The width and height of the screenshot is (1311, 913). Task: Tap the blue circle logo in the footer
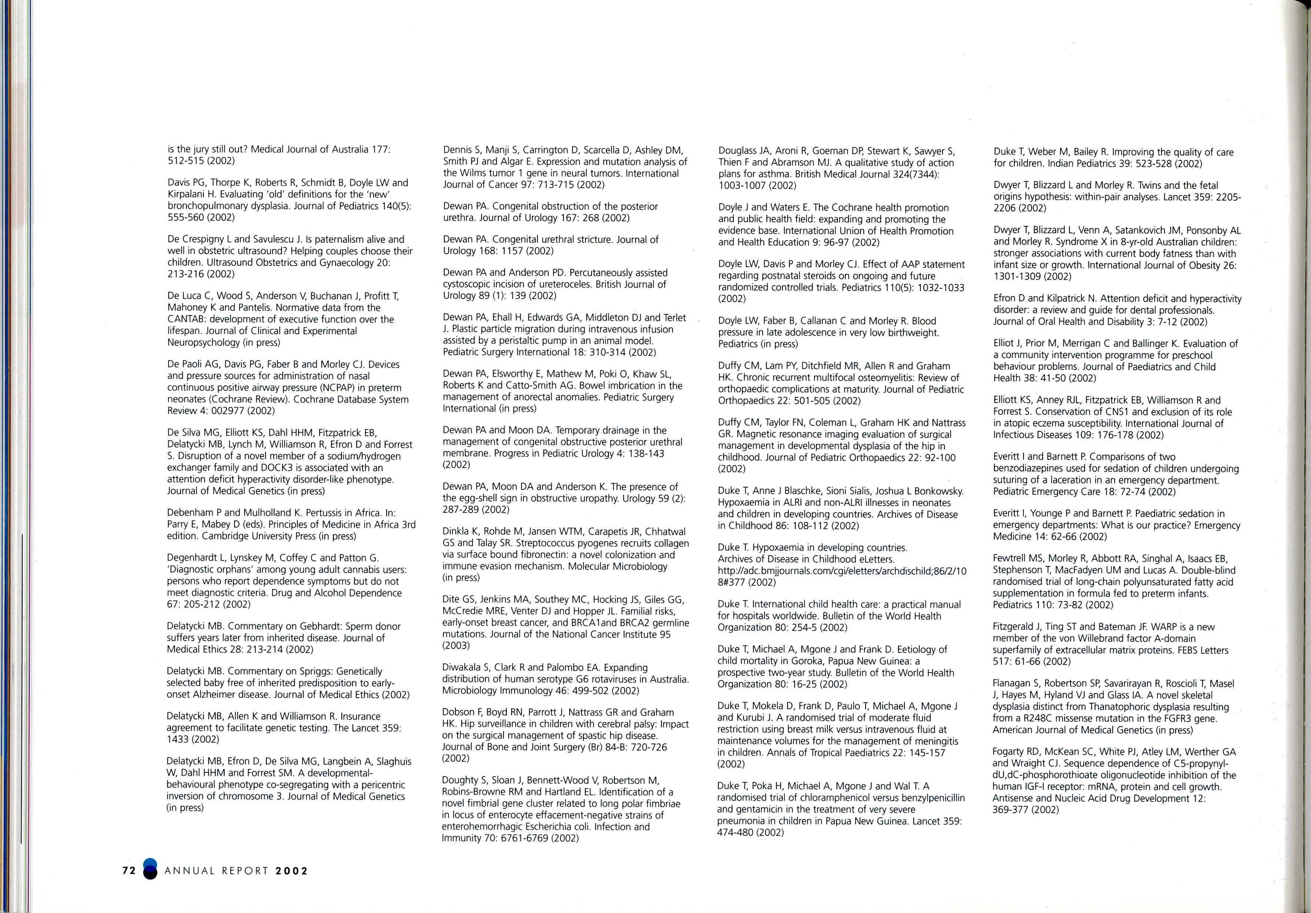click(x=149, y=870)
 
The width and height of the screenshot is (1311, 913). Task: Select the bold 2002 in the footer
click(x=291, y=871)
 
